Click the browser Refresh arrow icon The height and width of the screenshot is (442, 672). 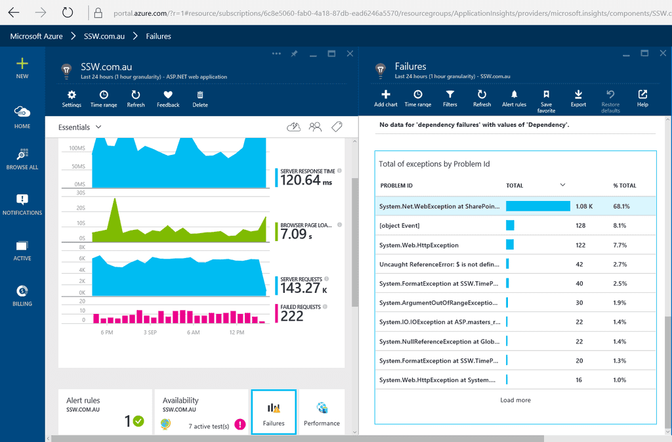[68, 12]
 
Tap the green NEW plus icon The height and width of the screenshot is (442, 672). [22, 64]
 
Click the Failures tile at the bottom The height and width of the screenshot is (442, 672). [274, 412]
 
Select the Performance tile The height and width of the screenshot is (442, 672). [322, 412]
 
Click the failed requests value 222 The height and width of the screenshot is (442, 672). [292, 317]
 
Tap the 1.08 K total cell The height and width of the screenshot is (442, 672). [584, 206]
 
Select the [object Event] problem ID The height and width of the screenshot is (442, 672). [400, 225]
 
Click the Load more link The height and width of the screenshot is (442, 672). [515, 400]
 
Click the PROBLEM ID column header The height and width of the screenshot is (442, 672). [396, 185]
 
